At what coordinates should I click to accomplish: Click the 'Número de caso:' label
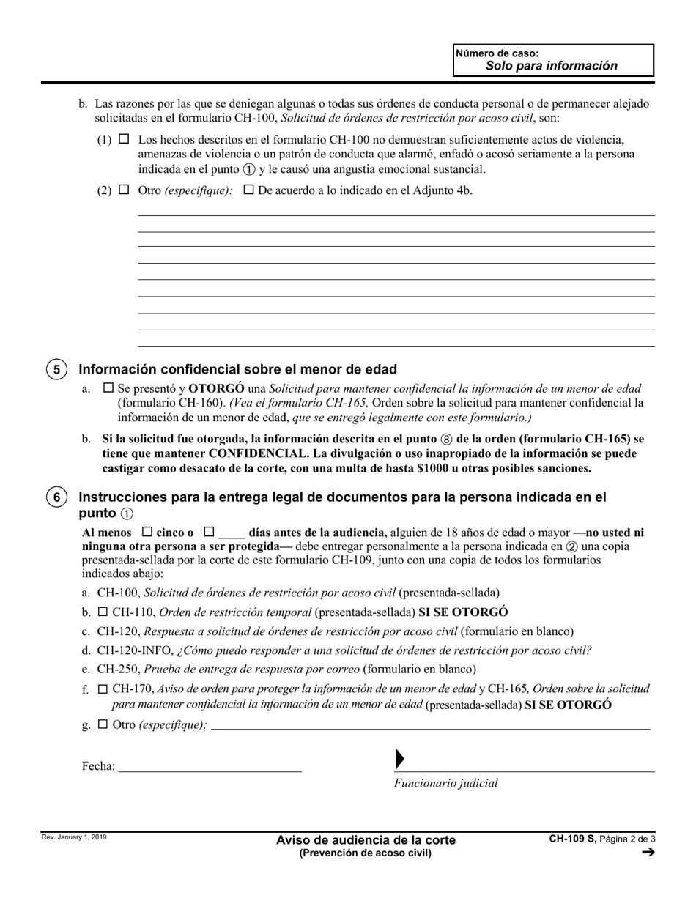click(x=497, y=53)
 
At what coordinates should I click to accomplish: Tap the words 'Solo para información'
click(x=551, y=66)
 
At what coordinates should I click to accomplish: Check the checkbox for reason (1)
click(x=124, y=138)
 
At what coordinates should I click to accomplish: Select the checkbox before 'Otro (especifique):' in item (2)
click(x=124, y=190)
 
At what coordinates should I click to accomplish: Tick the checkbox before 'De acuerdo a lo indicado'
click(x=248, y=190)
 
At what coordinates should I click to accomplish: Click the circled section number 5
click(x=57, y=369)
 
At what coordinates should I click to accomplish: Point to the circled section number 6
click(x=57, y=497)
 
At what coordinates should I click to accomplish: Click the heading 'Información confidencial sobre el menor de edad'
click(x=237, y=369)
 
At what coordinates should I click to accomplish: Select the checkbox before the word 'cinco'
click(x=147, y=532)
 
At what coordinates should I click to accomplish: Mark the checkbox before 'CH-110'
click(x=103, y=612)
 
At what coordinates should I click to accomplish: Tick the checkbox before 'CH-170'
click(x=103, y=689)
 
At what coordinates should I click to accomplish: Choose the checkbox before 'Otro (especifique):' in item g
click(x=103, y=724)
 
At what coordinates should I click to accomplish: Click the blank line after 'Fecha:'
click(x=210, y=766)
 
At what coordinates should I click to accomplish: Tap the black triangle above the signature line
click(x=399, y=759)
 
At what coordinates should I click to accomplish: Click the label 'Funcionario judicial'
click(x=445, y=783)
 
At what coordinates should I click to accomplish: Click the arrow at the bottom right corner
click(x=648, y=852)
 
